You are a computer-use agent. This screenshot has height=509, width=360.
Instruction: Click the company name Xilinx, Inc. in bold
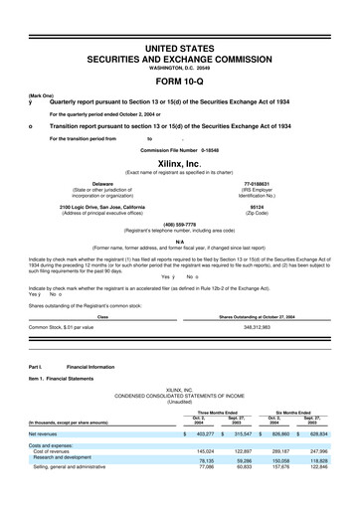[179, 162]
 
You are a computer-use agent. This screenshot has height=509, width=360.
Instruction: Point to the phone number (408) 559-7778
[179, 224]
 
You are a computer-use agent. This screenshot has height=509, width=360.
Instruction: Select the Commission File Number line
[179, 149]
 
